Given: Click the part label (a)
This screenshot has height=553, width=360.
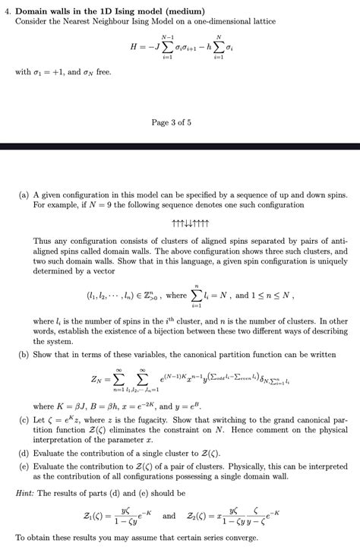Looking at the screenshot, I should point(24,195).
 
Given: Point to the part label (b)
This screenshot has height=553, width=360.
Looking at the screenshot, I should point(24,354).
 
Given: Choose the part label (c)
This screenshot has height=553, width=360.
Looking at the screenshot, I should point(24,419).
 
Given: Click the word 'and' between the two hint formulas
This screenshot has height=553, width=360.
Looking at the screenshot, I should point(169,517).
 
